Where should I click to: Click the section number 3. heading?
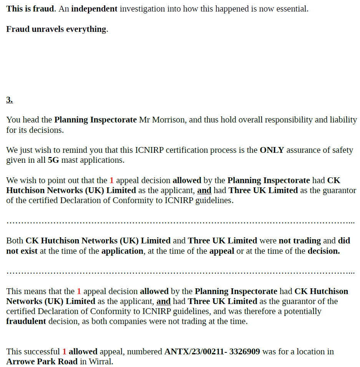coord(10,100)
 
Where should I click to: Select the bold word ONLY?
coord(272,150)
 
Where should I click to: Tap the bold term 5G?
coord(53,160)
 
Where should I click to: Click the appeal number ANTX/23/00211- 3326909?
coord(212,351)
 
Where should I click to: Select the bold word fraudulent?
coord(26,321)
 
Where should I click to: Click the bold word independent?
coord(94,9)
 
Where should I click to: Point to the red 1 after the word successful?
coord(65,351)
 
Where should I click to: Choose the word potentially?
coord(297,311)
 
